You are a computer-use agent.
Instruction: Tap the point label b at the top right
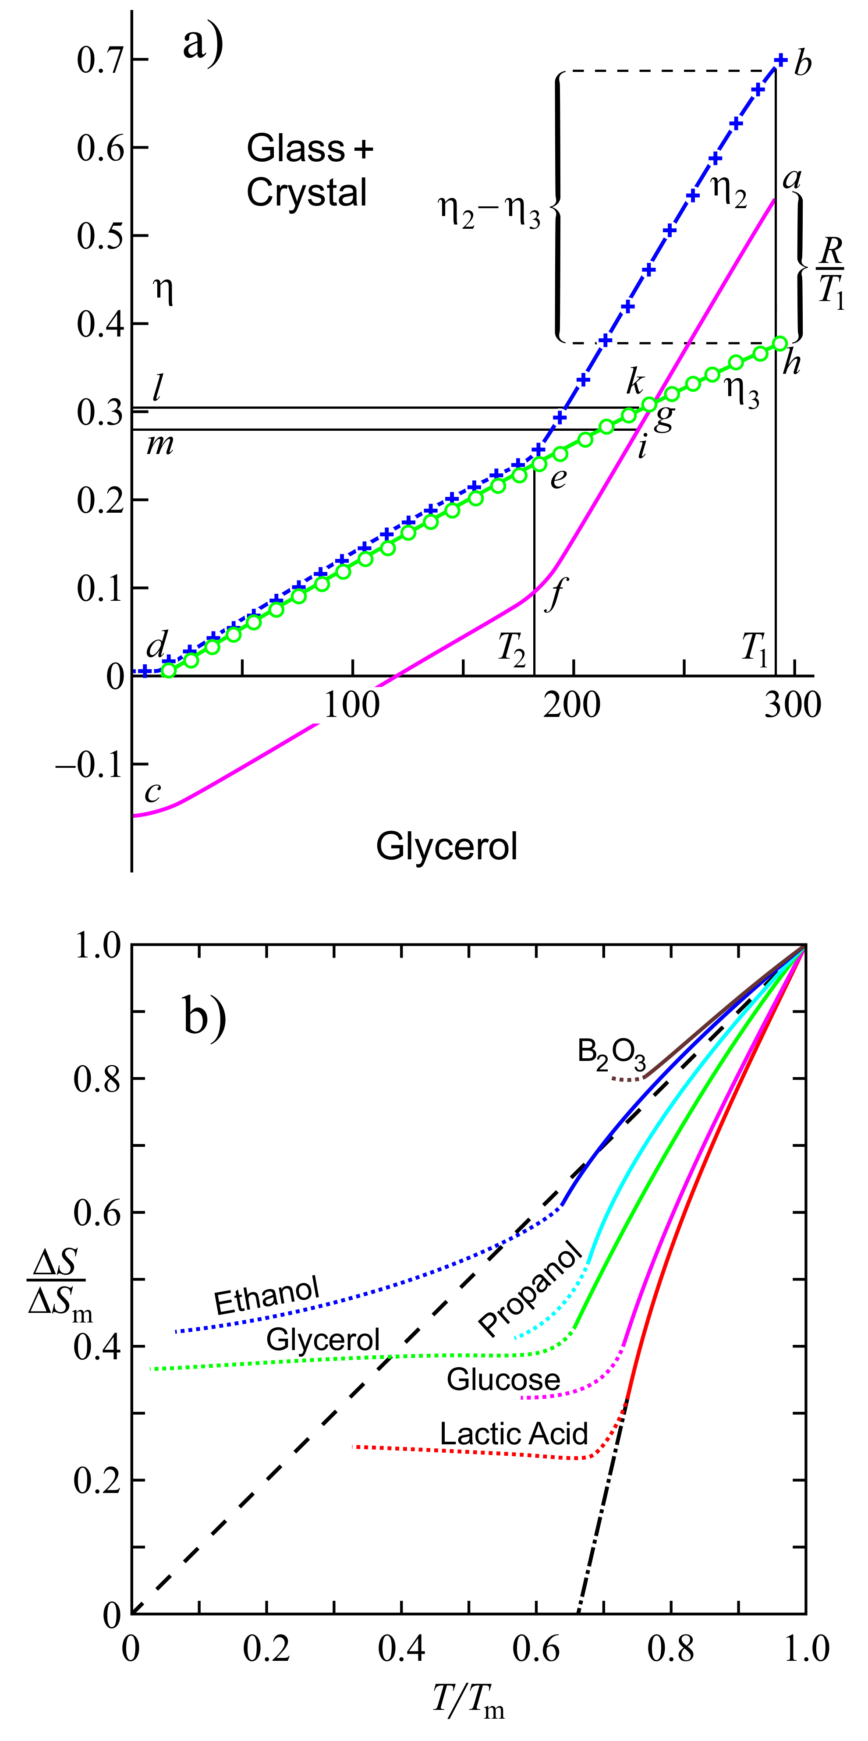pyautogui.click(x=802, y=64)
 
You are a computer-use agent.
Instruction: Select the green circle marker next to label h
pyautogui.click(x=779, y=343)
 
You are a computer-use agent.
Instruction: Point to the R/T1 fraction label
pyautogui.click(x=830, y=271)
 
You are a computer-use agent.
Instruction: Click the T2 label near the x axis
pyautogui.click(x=512, y=649)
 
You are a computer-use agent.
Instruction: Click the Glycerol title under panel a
pyautogui.click(x=447, y=846)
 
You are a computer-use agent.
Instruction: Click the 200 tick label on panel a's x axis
pyautogui.click(x=572, y=706)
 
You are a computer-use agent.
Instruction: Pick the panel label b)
pyautogui.click(x=204, y=1017)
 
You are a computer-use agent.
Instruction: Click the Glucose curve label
pyautogui.click(x=503, y=1379)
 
